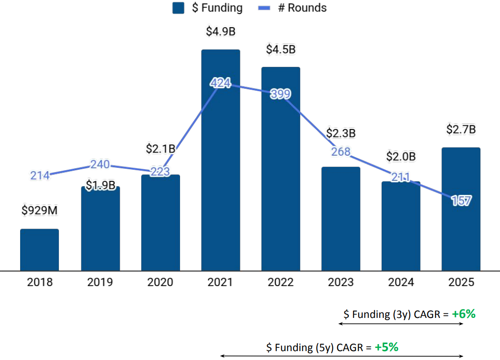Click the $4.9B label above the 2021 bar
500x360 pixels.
click(220, 31)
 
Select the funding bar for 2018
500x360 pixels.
click(39, 250)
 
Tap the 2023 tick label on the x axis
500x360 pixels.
click(341, 282)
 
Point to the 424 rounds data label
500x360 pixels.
click(220, 83)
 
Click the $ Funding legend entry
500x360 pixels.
click(208, 8)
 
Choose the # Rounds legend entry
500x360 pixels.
click(292, 8)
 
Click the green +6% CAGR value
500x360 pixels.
click(464, 314)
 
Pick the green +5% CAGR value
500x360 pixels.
click(386, 347)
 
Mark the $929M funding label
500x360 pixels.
click(39, 211)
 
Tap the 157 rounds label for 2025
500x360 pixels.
click(461, 201)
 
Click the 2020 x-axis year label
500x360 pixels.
click(160, 282)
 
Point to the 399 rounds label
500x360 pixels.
click(281, 94)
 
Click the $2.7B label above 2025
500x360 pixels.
click(461, 130)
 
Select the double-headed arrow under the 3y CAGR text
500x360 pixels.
click(401, 324)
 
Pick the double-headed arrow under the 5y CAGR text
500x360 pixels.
click(341, 356)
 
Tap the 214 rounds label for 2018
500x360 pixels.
click(40, 176)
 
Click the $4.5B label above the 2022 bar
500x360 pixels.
click(281, 49)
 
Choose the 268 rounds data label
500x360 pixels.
click(341, 151)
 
